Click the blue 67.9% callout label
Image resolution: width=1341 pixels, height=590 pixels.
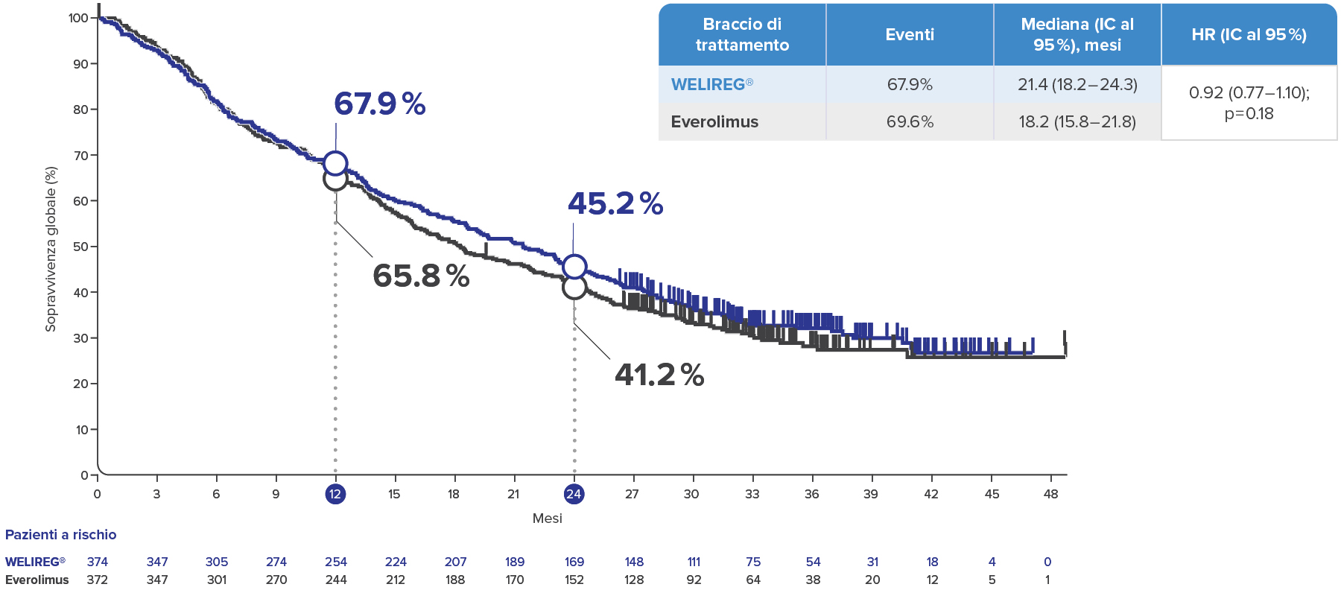coord(379,104)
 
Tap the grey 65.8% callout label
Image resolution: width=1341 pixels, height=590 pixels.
coord(421,276)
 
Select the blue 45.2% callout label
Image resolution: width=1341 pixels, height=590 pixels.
coord(615,204)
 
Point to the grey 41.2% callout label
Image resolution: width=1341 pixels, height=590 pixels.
coord(659,375)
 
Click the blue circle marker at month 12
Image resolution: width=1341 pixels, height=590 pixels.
coord(335,163)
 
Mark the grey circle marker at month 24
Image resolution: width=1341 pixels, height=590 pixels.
coord(574,287)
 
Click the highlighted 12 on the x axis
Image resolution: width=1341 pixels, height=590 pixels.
coord(335,494)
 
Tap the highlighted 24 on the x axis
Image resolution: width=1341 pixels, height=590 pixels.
coord(574,494)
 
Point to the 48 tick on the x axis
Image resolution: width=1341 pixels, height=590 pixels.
coord(1050,494)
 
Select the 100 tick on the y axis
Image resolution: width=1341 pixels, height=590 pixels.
coord(78,18)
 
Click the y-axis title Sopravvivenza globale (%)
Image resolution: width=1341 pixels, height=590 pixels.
coord(51,249)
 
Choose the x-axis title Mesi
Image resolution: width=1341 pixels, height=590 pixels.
coord(547,518)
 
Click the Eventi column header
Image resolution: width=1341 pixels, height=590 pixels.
coord(909,35)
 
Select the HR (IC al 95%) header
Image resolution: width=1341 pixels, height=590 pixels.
coord(1248,35)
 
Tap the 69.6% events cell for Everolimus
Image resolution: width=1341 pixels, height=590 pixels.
coord(909,122)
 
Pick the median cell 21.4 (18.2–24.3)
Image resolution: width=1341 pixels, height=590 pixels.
coord(1077,85)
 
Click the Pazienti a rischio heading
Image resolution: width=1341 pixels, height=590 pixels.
coord(61,535)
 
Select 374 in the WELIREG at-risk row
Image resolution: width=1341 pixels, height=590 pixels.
coord(98,562)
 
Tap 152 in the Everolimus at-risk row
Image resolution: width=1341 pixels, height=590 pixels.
coord(574,580)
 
